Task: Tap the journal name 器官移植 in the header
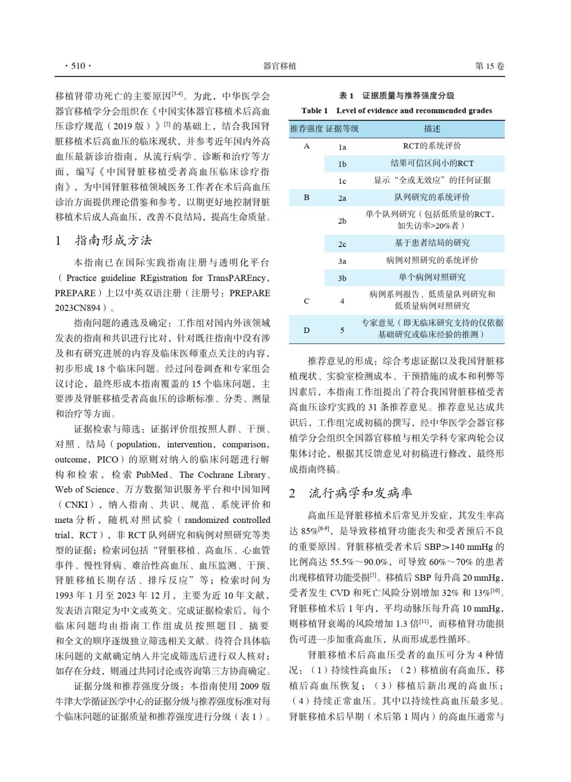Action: [279, 66]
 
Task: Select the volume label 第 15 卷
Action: [490, 66]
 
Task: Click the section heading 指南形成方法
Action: [113, 240]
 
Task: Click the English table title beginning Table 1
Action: [397, 111]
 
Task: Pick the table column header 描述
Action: [432, 129]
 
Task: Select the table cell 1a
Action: [342, 147]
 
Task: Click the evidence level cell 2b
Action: [342, 221]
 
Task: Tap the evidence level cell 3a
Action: [342, 261]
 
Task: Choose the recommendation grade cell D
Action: [306, 330]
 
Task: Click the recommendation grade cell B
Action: [306, 198]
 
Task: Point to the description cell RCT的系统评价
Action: [432, 146]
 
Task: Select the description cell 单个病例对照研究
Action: [432, 277]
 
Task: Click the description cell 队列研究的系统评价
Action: [432, 197]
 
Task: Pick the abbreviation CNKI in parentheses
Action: [75, 505]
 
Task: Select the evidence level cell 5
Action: [342, 330]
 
